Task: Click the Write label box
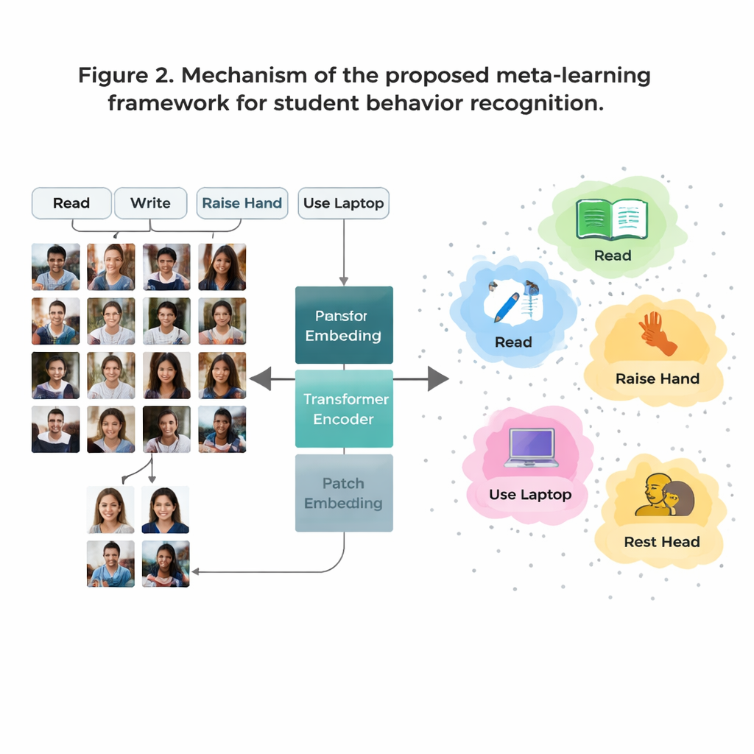pos(150,203)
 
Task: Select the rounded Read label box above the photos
pos(71,203)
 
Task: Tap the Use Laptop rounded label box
pos(343,203)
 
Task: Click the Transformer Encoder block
pos(344,409)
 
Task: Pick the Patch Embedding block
pos(344,493)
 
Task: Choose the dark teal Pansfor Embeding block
pos(344,325)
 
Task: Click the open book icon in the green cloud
pos(612,219)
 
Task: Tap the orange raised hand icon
pos(657,334)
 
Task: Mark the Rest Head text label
pos(661,542)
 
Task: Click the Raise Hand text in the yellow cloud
pos(657,379)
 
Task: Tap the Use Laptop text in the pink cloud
pos(530,495)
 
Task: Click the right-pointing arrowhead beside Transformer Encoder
pos(438,379)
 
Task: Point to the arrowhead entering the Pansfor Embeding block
pos(343,281)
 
